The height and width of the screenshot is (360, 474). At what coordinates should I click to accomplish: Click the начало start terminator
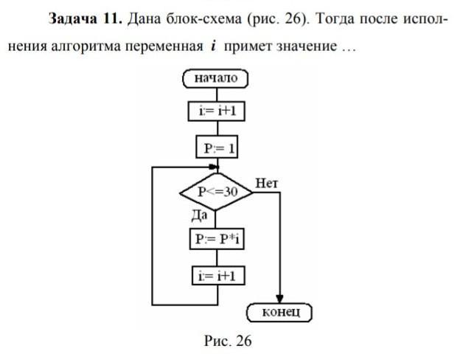(x=215, y=78)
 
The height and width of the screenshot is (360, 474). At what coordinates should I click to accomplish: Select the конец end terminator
(x=282, y=313)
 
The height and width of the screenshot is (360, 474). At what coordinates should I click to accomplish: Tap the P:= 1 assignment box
(x=217, y=148)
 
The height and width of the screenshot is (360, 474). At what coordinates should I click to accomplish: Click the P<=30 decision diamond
(x=216, y=192)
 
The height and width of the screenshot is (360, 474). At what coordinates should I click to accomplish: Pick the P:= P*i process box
(x=217, y=240)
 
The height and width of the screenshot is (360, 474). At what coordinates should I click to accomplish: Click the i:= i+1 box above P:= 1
(x=217, y=112)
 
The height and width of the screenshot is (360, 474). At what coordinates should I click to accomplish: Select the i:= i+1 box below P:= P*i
(x=217, y=277)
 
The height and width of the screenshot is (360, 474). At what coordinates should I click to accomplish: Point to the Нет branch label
(x=266, y=181)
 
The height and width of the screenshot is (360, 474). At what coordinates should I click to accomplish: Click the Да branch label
(x=199, y=215)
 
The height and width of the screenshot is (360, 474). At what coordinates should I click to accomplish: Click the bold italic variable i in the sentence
(x=212, y=46)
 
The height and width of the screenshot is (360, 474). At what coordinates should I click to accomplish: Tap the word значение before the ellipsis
(x=303, y=46)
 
